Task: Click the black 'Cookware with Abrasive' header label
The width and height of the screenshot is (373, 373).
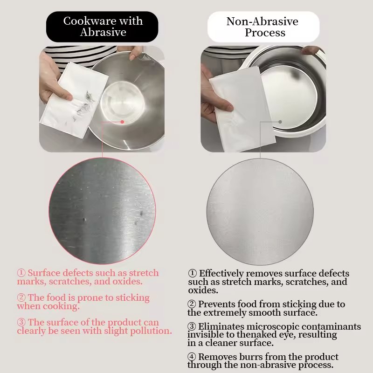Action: pos(102,27)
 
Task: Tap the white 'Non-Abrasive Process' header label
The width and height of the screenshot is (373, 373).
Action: pos(263,27)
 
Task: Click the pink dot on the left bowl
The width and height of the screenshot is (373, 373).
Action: pos(122,122)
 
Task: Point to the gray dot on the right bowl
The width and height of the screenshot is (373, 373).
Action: pos(280,122)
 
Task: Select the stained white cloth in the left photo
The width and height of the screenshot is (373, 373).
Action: pos(74,100)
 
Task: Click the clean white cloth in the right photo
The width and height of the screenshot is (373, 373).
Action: pos(242,110)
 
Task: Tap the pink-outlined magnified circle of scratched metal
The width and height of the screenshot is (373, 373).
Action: pos(102,211)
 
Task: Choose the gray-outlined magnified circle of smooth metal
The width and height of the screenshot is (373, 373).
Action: pos(260,212)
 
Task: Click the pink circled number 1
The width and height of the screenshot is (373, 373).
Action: pos(21,273)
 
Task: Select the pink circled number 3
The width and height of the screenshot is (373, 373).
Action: pos(21,322)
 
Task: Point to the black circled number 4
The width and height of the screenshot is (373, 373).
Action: pos(192,357)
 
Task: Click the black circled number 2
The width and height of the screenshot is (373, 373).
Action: pos(192,304)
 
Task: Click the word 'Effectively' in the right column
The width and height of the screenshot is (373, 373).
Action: pos(221,273)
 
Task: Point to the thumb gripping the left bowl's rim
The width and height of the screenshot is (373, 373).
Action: pos(134,55)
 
